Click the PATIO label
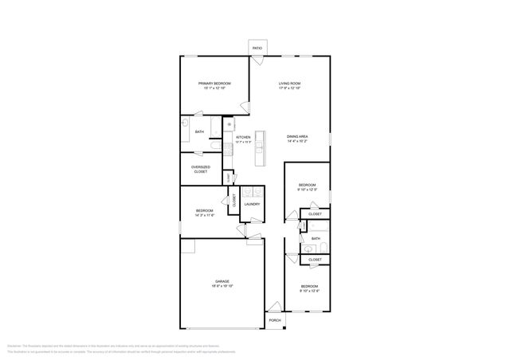[257, 49]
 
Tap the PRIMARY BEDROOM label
[214, 84]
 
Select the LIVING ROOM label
[289, 84]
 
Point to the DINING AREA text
[297, 136]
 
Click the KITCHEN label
[243, 137]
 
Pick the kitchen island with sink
[259, 147]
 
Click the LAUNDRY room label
[252, 204]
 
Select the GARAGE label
[222, 281]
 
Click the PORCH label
[274, 320]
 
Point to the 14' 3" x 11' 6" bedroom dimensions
[205, 215]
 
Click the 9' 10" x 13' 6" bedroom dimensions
[308, 291]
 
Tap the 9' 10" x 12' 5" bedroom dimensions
[308, 190]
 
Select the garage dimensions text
[222, 286]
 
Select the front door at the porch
[274, 307]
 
